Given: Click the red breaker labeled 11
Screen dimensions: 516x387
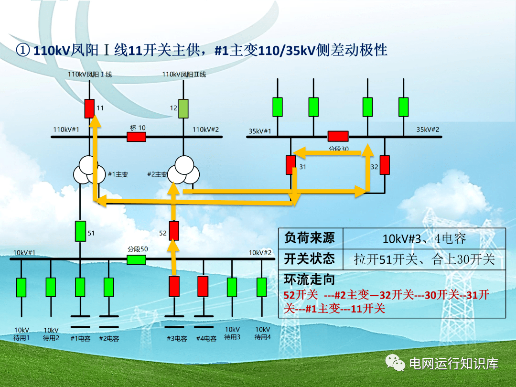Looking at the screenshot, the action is coord(89,108).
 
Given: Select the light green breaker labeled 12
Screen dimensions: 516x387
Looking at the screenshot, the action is coord(183,108).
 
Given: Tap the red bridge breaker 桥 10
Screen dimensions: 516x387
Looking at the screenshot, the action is coord(137,137).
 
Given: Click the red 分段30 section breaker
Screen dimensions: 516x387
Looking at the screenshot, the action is coord(338,136).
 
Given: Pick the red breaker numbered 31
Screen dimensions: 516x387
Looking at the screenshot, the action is coord(290,165).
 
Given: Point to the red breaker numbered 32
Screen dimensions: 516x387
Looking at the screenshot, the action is coord(385,165).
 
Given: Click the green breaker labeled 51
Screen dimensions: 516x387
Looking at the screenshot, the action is coord(80,231).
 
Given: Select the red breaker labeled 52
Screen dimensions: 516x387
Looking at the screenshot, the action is coord(174,231).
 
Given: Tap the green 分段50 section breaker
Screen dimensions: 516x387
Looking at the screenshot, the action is coord(137,260).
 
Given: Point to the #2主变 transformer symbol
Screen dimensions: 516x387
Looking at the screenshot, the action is coord(183,170).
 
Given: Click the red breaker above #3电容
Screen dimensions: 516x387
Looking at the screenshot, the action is coord(174,287).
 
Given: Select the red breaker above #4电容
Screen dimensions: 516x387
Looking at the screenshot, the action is coord(203,287).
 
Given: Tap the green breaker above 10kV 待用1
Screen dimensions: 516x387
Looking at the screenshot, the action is coord(21,287).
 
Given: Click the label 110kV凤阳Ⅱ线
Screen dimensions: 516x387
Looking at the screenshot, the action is coord(184,75).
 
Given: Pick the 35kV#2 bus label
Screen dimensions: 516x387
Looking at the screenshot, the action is coord(428,129).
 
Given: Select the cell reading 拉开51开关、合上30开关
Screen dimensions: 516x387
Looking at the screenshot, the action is coord(424,259).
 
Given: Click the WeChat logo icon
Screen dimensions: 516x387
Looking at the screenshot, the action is coord(396,363).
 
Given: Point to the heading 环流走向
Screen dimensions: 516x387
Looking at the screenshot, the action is coord(309,279).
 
